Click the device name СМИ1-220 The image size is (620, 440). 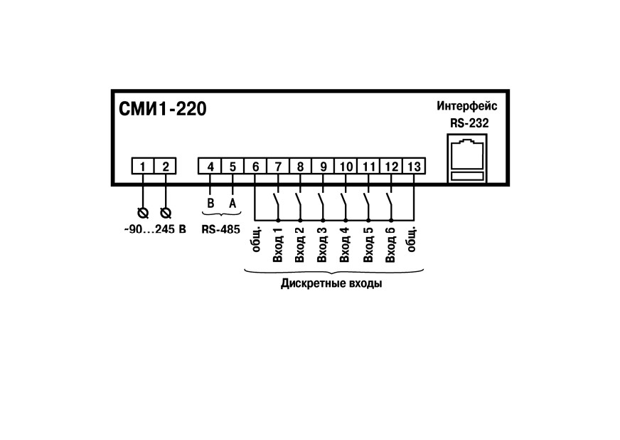pyautogui.click(x=163, y=109)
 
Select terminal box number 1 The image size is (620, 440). pyautogui.click(x=142, y=167)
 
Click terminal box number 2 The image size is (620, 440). pyautogui.click(x=165, y=167)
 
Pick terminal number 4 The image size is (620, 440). pyautogui.click(x=210, y=167)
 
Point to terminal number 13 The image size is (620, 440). pyautogui.click(x=414, y=167)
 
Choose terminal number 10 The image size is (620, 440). pyautogui.click(x=346, y=167)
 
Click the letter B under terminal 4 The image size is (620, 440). pyautogui.click(x=210, y=204)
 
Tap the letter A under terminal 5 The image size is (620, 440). pyautogui.click(x=232, y=204)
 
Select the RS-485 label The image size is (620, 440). pyautogui.click(x=220, y=229)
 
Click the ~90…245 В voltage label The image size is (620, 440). pyautogui.click(x=155, y=229)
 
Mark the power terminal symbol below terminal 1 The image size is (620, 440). pyautogui.click(x=143, y=214)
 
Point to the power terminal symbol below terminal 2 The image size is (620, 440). pyautogui.click(x=166, y=214)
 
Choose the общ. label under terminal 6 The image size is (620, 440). pyautogui.click(x=256, y=239)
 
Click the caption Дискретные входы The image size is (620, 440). pyautogui.click(x=331, y=284)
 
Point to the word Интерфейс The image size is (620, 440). pyautogui.click(x=467, y=106)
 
